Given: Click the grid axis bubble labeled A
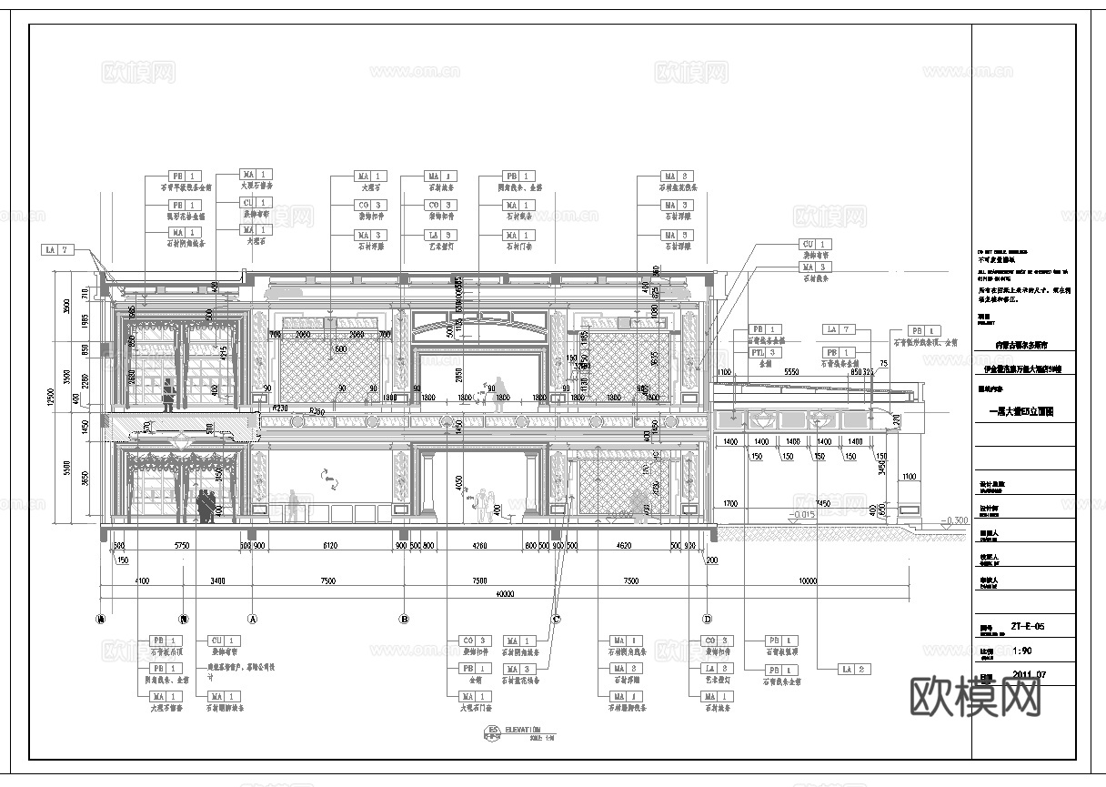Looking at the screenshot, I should click(254, 619).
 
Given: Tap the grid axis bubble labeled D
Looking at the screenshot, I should click(707, 619).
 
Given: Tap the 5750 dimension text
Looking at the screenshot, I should click(182, 546).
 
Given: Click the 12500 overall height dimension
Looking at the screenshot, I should click(54, 398).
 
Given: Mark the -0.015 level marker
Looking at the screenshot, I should click(801, 515).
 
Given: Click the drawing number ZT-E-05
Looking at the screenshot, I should click(1027, 627).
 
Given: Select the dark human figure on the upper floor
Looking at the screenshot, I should click(167, 394).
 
